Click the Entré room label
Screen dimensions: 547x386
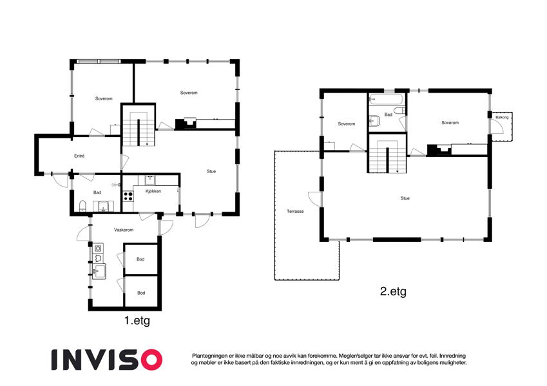click(79, 156)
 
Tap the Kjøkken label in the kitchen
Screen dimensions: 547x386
click(153, 191)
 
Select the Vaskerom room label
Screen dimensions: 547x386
click(124, 230)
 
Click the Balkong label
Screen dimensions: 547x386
click(502, 117)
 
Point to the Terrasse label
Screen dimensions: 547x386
click(295, 211)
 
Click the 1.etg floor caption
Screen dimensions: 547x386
click(137, 320)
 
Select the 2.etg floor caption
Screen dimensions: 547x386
click(393, 291)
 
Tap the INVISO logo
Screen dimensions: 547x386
click(107, 360)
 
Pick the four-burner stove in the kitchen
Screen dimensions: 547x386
click(128, 196)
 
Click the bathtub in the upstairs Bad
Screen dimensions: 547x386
click(386, 99)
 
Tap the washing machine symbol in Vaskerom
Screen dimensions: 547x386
click(99, 248)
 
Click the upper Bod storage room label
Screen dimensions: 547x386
click(140, 259)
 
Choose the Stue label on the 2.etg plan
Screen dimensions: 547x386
click(405, 198)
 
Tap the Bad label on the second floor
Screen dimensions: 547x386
click(389, 115)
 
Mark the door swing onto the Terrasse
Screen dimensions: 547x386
click(313, 199)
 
